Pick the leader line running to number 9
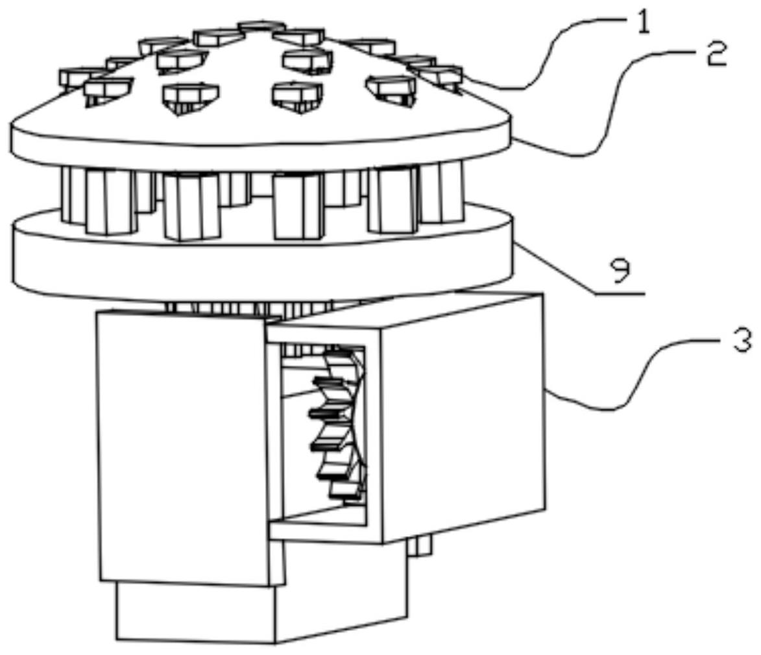click(571, 273)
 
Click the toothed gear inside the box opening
click(337, 422)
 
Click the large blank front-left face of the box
click(182, 448)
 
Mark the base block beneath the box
click(260, 613)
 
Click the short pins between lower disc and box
click(247, 307)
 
